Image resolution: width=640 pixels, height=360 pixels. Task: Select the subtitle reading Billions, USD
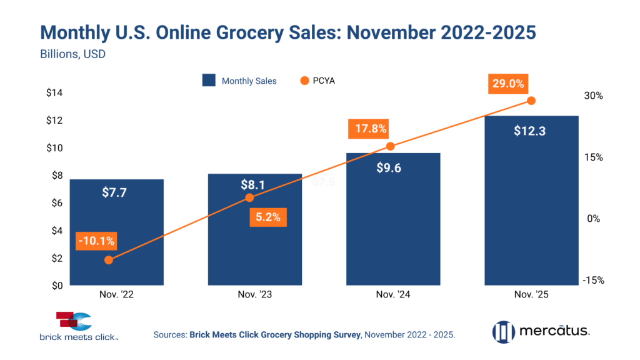(x=72, y=54)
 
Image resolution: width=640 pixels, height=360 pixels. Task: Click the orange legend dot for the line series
(x=304, y=81)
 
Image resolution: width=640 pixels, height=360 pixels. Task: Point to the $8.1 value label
(x=252, y=186)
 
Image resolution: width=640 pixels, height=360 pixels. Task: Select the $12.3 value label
(x=530, y=131)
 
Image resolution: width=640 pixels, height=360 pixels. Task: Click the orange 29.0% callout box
(x=508, y=84)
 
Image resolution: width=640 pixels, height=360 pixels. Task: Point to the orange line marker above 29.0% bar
(x=531, y=101)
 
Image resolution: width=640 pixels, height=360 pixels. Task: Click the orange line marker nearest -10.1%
(x=109, y=259)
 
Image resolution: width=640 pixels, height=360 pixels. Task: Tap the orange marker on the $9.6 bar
(x=390, y=146)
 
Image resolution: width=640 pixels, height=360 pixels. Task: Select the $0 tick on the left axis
(x=56, y=286)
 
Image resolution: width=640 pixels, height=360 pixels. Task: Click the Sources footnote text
(x=304, y=336)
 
